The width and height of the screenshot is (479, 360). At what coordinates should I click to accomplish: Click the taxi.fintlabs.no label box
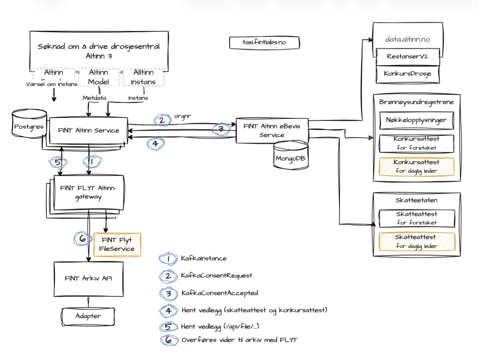[264, 43]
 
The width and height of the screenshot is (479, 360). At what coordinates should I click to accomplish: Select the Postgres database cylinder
[29, 126]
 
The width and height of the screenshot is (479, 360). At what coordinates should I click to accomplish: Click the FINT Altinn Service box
[88, 131]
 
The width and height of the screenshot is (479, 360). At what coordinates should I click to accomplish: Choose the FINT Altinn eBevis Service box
[272, 131]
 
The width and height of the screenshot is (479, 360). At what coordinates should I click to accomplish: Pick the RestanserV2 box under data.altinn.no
[408, 57]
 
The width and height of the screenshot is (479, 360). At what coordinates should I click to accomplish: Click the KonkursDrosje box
[408, 73]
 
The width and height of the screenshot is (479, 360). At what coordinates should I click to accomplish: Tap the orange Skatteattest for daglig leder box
[416, 242]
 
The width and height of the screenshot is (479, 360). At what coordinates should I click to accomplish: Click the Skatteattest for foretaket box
[416, 218]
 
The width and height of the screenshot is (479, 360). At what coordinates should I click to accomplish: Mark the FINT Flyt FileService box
[117, 244]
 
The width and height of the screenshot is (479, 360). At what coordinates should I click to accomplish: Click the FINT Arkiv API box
[88, 278]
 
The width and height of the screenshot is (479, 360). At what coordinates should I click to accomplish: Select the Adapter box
[88, 316]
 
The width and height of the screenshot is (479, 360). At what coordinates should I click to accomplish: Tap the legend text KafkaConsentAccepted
[219, 293]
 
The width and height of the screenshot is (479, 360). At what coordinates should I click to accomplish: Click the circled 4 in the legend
[168, 310]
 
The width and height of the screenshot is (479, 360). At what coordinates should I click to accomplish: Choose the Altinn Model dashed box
[98, 77]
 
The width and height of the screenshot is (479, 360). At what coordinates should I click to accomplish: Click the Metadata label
[94, 98]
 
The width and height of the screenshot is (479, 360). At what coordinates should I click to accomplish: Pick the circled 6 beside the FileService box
[82, 239]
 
